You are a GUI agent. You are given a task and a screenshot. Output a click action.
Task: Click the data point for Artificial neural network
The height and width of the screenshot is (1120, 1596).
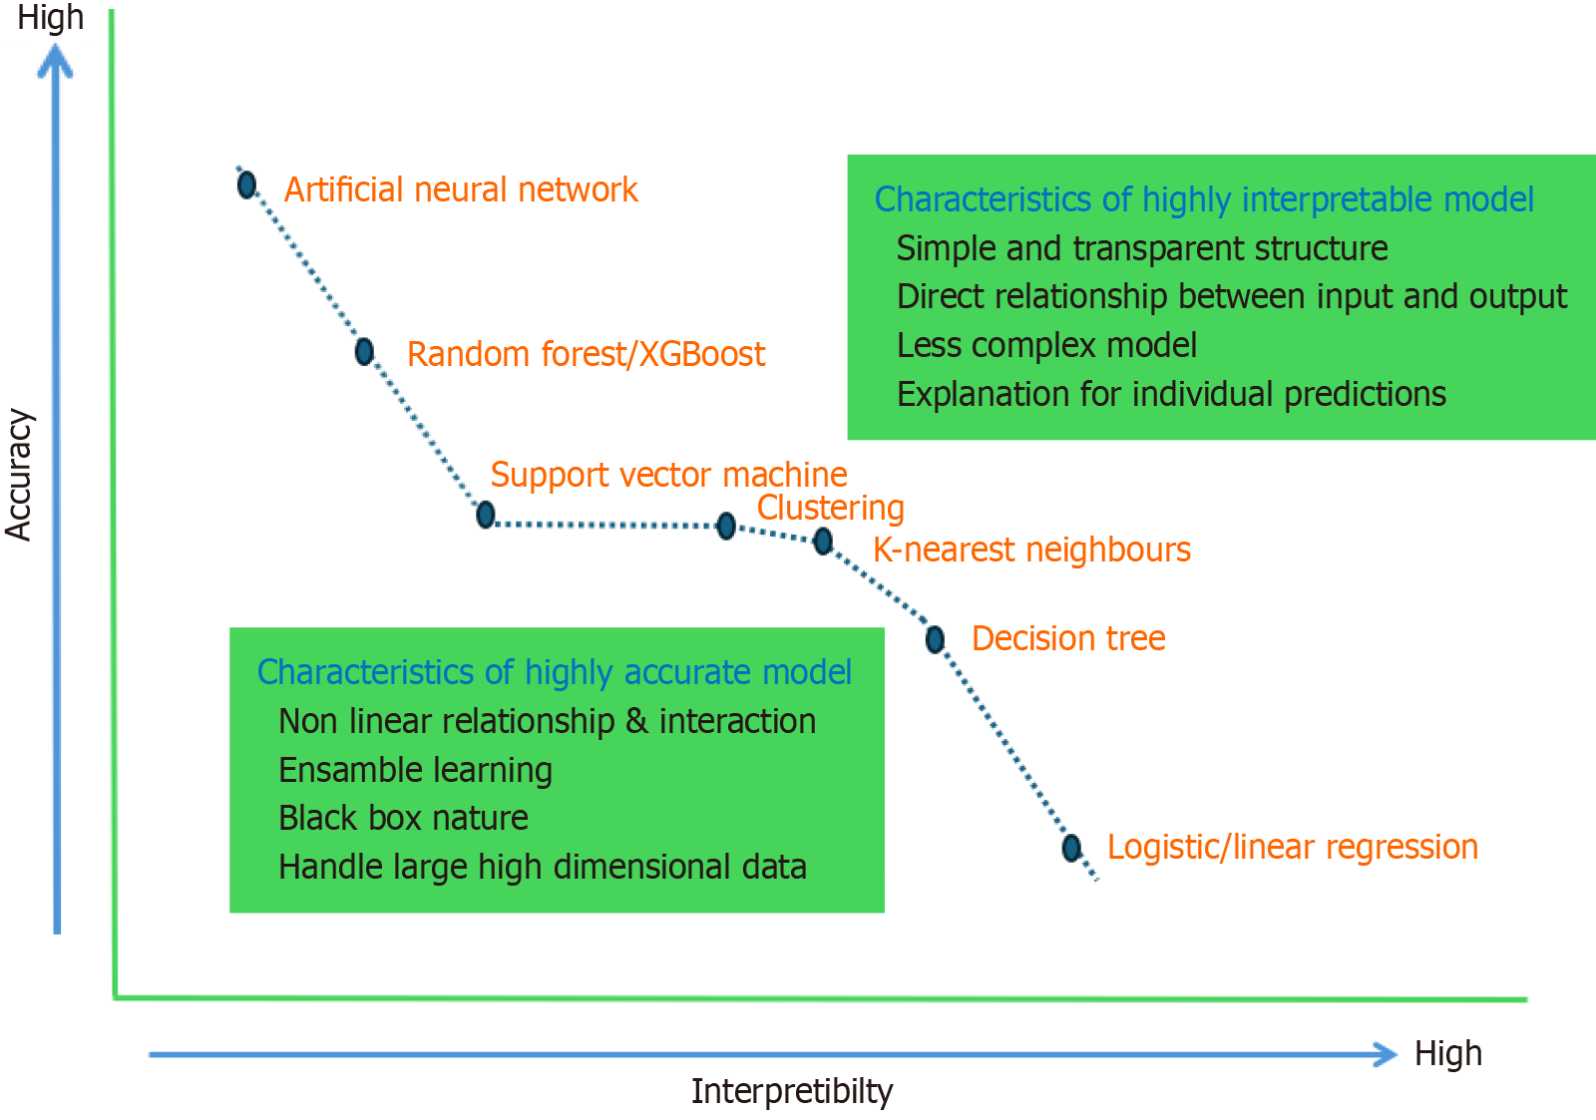246,185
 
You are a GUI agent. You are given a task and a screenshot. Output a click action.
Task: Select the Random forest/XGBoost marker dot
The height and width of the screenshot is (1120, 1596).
364,351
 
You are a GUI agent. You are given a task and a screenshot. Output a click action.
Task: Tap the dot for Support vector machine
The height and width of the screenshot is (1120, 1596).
486,515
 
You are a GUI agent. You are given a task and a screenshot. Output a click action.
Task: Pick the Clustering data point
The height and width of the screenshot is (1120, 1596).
726,526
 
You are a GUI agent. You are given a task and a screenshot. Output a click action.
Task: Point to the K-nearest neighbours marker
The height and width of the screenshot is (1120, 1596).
823,542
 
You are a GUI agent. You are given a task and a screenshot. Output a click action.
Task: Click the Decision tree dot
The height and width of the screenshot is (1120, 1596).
935,639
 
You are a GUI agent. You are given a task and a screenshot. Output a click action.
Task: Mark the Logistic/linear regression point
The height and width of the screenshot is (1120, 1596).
1071,848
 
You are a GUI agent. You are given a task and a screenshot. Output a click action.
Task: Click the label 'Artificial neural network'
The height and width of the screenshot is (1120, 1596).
460,189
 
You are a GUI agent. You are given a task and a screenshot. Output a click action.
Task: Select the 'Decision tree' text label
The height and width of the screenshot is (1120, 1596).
1068,638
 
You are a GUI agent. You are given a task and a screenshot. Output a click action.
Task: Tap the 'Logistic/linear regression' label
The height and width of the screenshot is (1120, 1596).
1292,847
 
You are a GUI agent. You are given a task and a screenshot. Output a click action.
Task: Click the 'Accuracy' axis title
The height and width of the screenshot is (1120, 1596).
19,475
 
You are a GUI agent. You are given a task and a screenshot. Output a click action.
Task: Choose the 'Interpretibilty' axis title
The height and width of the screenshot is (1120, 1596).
792,1091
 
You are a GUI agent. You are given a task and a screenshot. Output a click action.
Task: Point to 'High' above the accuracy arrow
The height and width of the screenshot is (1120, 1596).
50,17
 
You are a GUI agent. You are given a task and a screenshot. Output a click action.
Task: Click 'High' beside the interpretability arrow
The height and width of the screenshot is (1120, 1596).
1447,1053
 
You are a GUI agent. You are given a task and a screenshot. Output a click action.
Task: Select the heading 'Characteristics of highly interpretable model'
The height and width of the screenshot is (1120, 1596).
1204,199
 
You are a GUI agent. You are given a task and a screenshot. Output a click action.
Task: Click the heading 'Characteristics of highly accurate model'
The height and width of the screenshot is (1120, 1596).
554,672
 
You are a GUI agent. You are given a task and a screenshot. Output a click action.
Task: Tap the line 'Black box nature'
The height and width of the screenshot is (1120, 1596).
403,818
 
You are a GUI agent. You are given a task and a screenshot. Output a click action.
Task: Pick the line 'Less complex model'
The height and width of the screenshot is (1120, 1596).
1046,345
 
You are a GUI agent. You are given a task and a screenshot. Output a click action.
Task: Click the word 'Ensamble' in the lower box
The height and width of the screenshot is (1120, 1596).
333,770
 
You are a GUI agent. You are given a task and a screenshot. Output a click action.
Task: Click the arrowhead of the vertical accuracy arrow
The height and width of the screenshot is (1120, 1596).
56,62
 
